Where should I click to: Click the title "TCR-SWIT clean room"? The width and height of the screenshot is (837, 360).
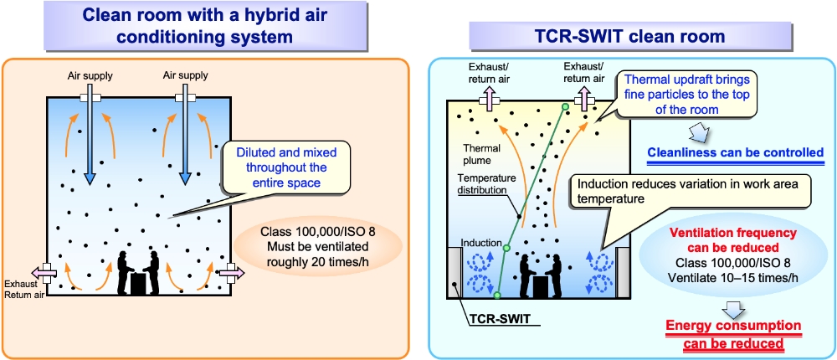tap(629, 36)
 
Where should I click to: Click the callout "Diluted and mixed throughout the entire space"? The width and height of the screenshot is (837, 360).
tap(288, 167)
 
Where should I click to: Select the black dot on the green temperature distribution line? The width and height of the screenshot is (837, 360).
tap(520, 216)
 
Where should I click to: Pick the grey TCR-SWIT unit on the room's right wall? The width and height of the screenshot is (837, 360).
tap(622, 270)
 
